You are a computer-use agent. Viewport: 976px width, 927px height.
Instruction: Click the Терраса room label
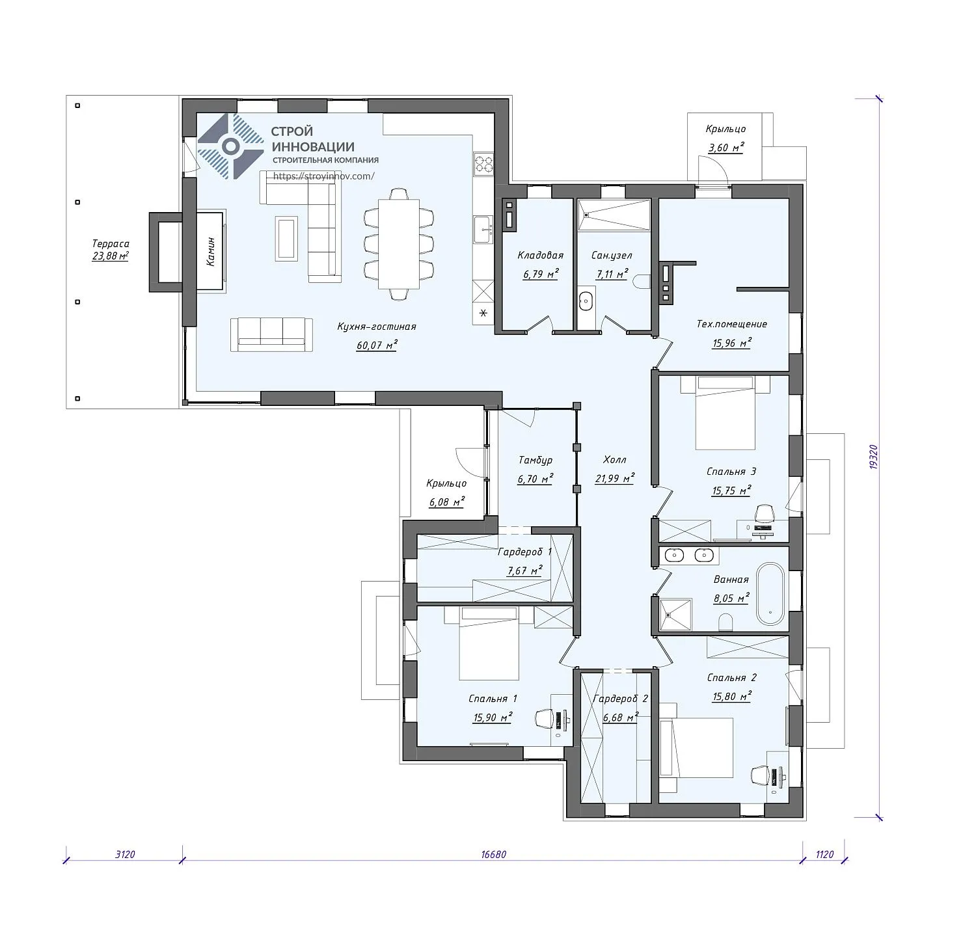pos(111,243)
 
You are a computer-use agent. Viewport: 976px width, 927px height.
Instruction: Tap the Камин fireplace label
pos(211,251)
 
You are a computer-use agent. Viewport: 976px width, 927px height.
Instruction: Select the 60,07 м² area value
pos(377,345)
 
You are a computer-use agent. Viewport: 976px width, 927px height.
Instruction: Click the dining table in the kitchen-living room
pos(399,243)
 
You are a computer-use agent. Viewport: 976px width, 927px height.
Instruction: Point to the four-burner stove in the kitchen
pos(483,163)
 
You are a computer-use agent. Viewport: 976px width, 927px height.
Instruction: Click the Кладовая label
pos(540,255)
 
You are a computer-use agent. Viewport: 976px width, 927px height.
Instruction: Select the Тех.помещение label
pos(732,324)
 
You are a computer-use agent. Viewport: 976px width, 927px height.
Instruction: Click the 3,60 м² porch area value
pos(725,148)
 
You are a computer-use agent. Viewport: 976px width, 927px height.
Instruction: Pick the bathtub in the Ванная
pos(770,594)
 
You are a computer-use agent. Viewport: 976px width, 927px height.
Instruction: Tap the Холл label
pos(615,460)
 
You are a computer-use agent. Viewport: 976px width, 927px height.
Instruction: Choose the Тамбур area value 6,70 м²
pos(535,479)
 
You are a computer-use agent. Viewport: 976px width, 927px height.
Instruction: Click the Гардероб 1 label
pos(524,552)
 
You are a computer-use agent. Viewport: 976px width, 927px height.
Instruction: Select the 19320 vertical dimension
pos(874,457)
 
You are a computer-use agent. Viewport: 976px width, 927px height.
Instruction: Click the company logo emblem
pos(230,146)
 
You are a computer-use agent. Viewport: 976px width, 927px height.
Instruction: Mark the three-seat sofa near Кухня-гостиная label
pos(271,335)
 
